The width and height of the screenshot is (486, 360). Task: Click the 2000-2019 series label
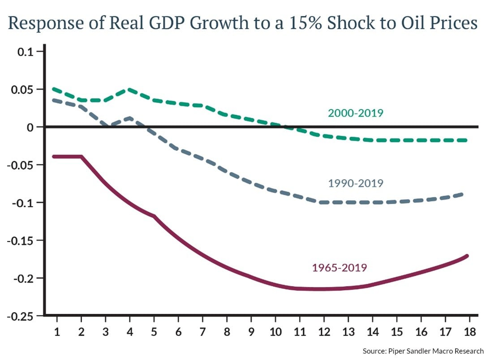(x=356, y=113)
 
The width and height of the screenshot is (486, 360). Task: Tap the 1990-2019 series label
(x=356, y=183)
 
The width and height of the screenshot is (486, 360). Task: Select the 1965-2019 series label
(x=340, y=268)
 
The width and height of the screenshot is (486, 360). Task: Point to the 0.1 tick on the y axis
(x=26, y=51)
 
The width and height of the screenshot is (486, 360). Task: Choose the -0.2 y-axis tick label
(x=23, y=278)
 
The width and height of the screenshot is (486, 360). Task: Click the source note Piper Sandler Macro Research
(x=423, y=351)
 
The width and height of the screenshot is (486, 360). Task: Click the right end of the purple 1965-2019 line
(x=467, y=256)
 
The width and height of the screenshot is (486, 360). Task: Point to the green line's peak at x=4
(x=130, y=90)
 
